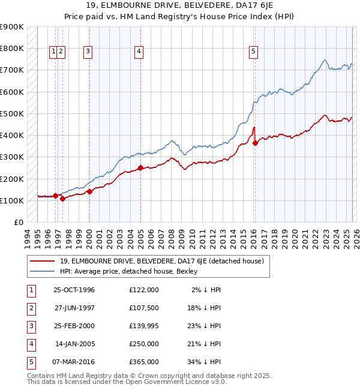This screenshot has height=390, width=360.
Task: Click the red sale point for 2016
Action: tap(255, 143)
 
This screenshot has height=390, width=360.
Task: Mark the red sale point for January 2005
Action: tap(140, 168)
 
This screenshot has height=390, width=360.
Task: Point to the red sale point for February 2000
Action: tap(89, 192)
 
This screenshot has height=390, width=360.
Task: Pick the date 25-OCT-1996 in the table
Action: tap(74, 290)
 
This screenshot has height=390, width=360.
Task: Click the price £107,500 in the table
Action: tap(144, 308)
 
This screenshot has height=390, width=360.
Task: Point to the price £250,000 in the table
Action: tap(144, 344)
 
